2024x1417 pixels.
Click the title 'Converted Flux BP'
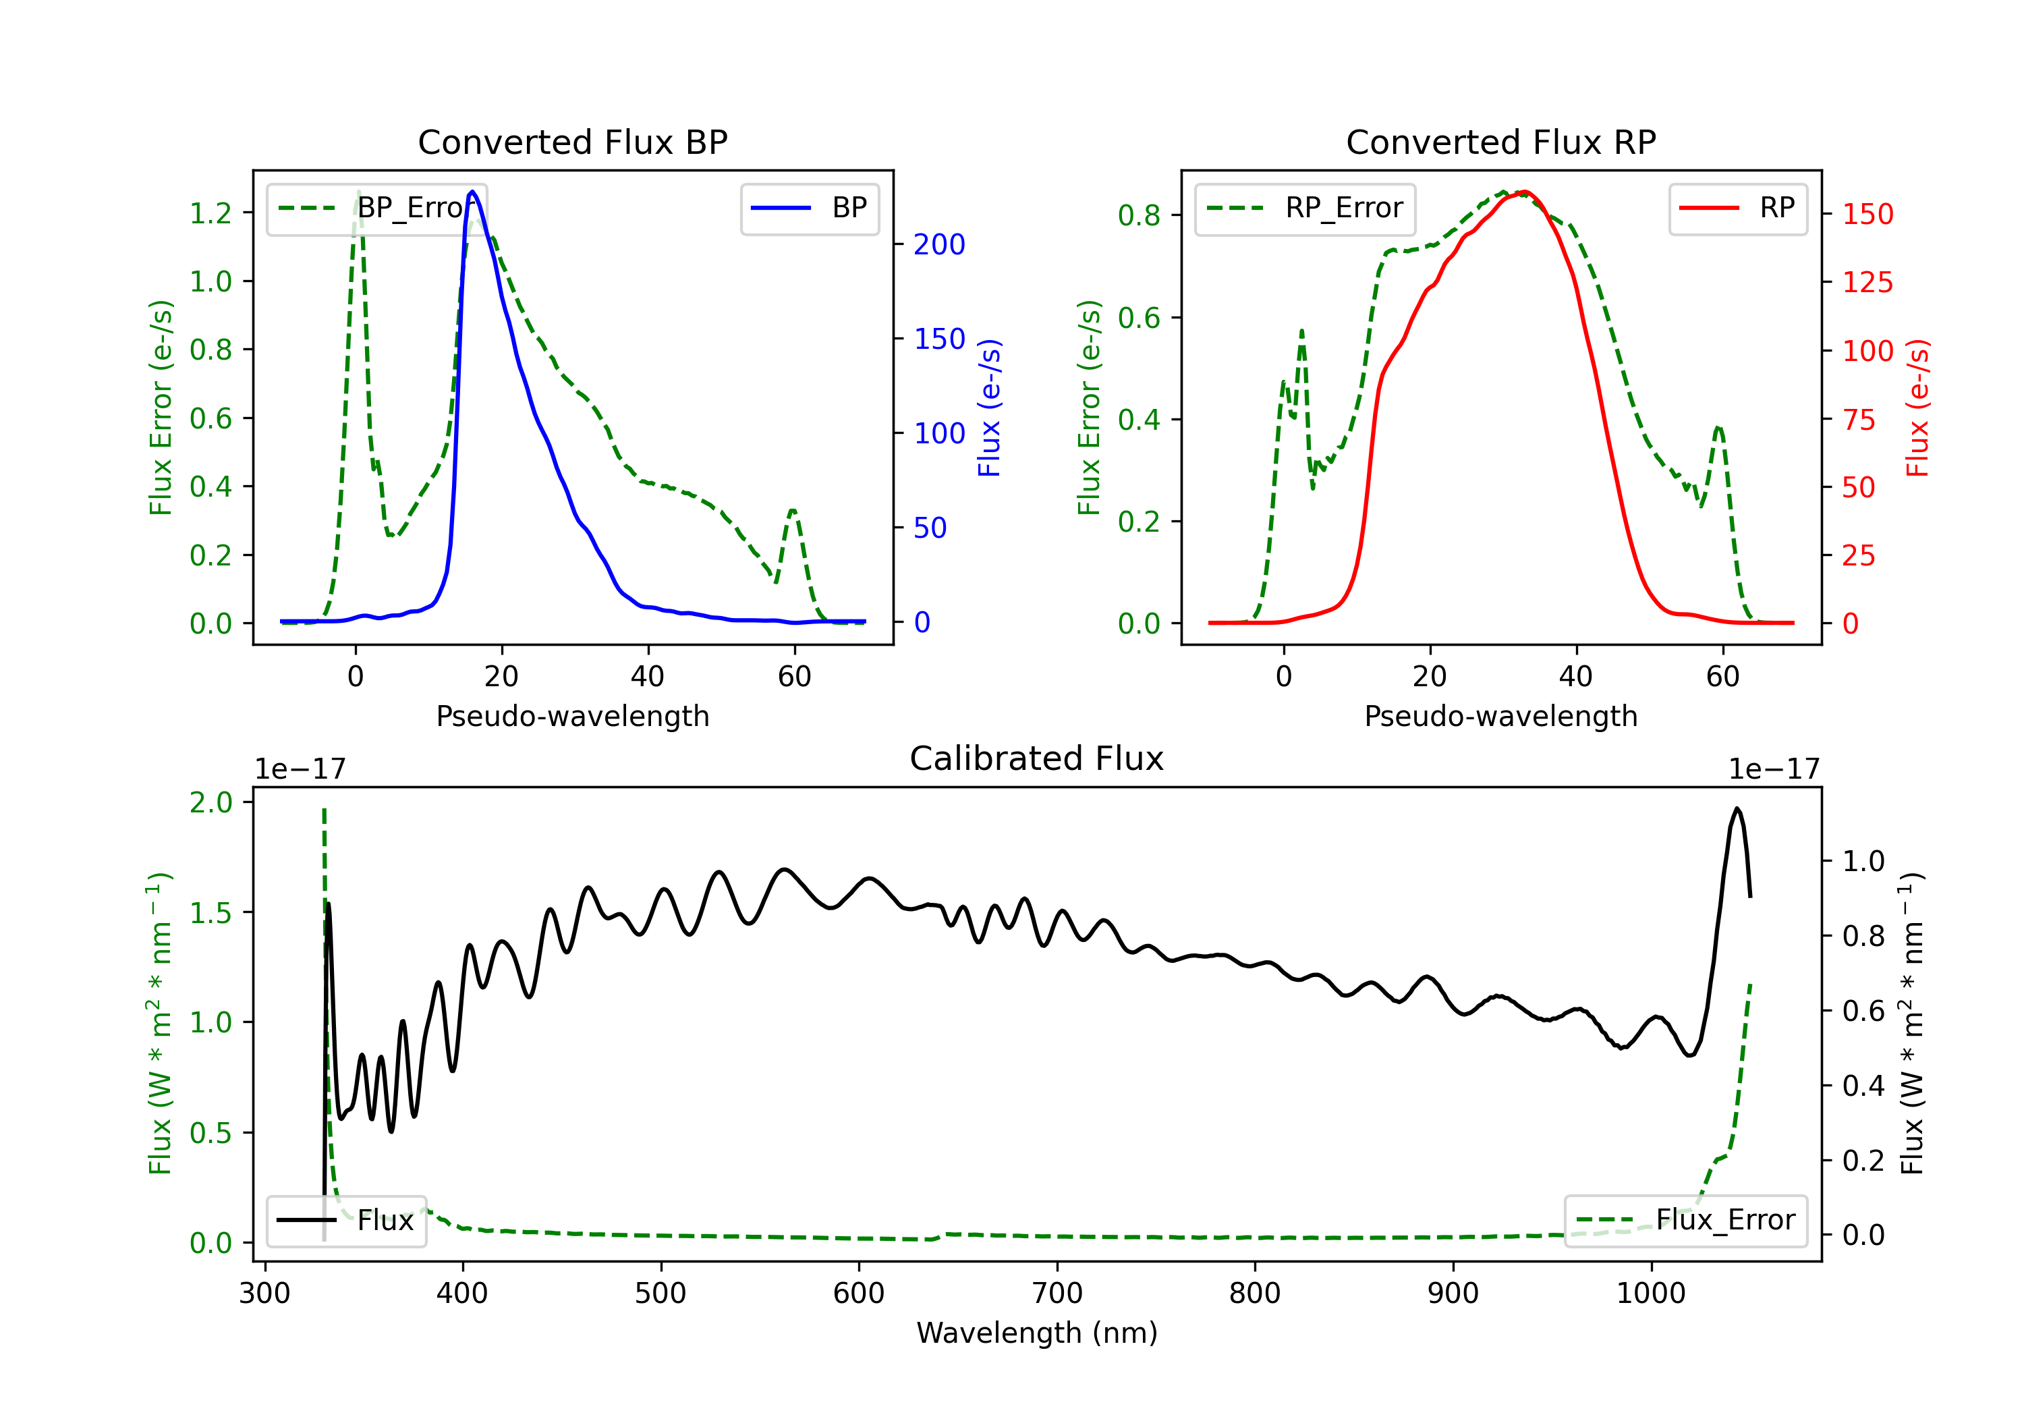pos(572,142)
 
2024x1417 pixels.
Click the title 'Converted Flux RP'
pos(1500,142)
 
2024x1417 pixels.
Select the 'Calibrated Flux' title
pos(1037,758)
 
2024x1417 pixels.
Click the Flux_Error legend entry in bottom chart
pos(1685,1221)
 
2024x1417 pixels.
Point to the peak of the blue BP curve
pos(472,192)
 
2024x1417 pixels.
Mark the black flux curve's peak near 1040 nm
pos(1737,808)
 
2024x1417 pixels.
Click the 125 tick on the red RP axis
pos(1867,282)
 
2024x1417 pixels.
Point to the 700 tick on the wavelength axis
pos(1057,1293)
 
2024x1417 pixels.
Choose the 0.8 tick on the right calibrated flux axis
pos(1863,935)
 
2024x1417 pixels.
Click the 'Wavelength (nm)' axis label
pos(1037,1333)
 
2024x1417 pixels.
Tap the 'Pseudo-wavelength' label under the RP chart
pos(1500,716)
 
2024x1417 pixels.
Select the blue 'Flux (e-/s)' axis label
pos(989,408)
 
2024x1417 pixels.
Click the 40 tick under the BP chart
pos(648,676)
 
